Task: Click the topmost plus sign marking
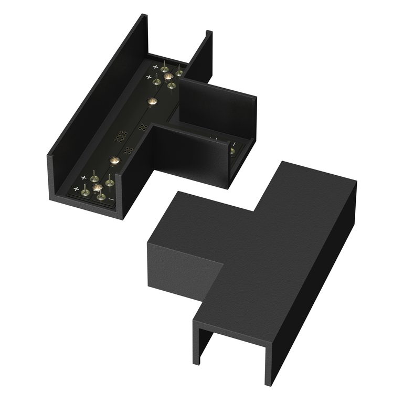(155, 67)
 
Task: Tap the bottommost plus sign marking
(77, 188)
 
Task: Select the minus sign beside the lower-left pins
(111, 199)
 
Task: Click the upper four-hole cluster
(142, 126)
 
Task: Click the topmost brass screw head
(169, 77)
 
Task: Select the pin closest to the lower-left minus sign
(101, 195)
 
